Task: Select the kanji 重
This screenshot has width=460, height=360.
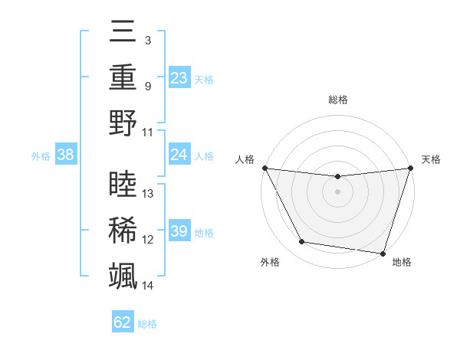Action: [123, 77]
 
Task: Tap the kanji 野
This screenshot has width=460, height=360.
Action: [123, 123]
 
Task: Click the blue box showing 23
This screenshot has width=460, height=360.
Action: [179, 78]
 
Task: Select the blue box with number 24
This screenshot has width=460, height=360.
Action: [179, 155]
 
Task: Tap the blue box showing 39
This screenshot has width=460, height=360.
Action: [179, 231]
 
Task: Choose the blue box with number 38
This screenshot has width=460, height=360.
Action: [65, 155]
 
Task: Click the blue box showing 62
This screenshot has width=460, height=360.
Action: [122, 322]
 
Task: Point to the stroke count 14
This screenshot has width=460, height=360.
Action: [148, 286]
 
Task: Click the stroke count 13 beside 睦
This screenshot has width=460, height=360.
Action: [148, 194]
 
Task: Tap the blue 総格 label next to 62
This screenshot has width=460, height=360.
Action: [147, 323]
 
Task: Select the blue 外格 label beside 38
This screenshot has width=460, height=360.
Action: [41, 155]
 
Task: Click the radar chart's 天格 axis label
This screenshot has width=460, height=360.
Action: [431, 159]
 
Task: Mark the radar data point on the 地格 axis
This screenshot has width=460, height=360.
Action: [383, 253]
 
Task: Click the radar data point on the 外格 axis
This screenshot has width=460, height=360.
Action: [302, 242]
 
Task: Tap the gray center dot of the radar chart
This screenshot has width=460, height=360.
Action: [337, 191]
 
